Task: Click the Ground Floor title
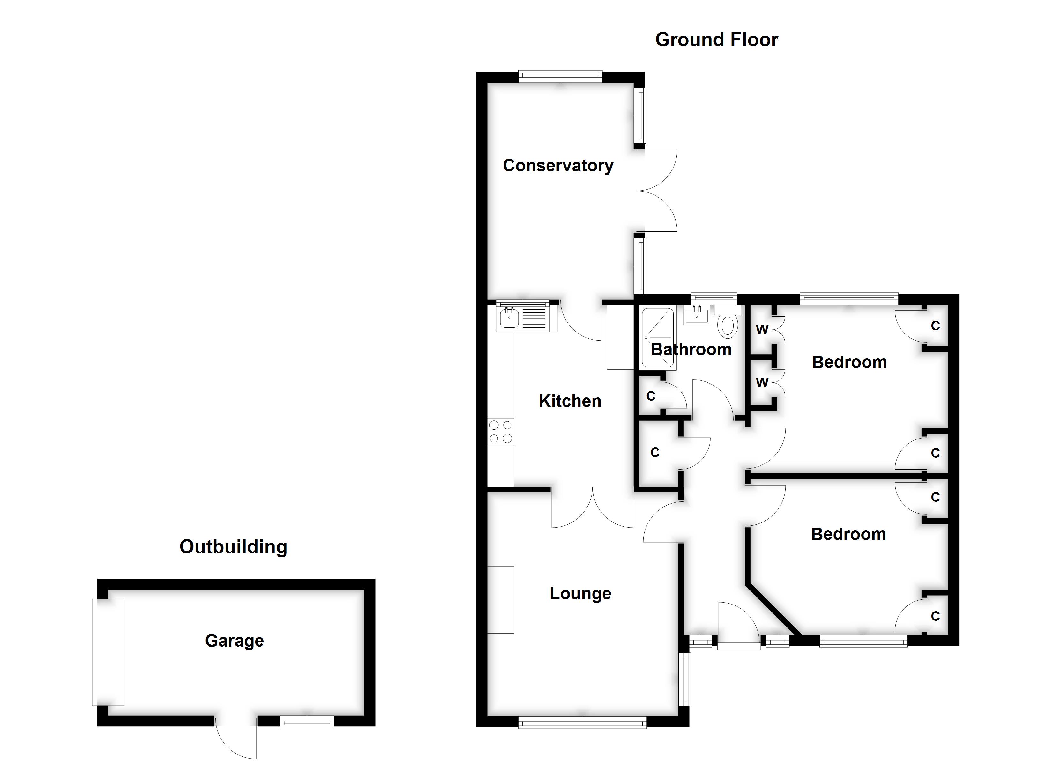(x=716, y=40)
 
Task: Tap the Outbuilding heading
(x=234, y=547)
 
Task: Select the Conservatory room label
(x=558, y=166)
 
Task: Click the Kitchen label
(x=570, y=401)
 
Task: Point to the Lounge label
(x=580, y=594)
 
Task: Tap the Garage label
(x=235, y=641)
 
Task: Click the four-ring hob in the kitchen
(x=501, y=432)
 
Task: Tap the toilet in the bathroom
(x=728, y=321)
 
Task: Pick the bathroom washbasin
(x=697, y=316)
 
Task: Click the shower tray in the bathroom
(x=657, y=338)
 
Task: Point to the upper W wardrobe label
(x=762, y=330)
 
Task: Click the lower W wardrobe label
(x=762, y=383)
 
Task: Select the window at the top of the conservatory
(x=560, y=77)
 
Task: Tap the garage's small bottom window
(x=307, y=721)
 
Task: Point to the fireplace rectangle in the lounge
(x=501, y=600)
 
